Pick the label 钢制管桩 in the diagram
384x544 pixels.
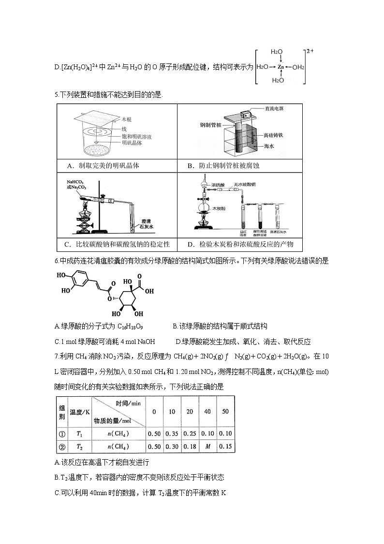pyautogui.click(x=210, y=124)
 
